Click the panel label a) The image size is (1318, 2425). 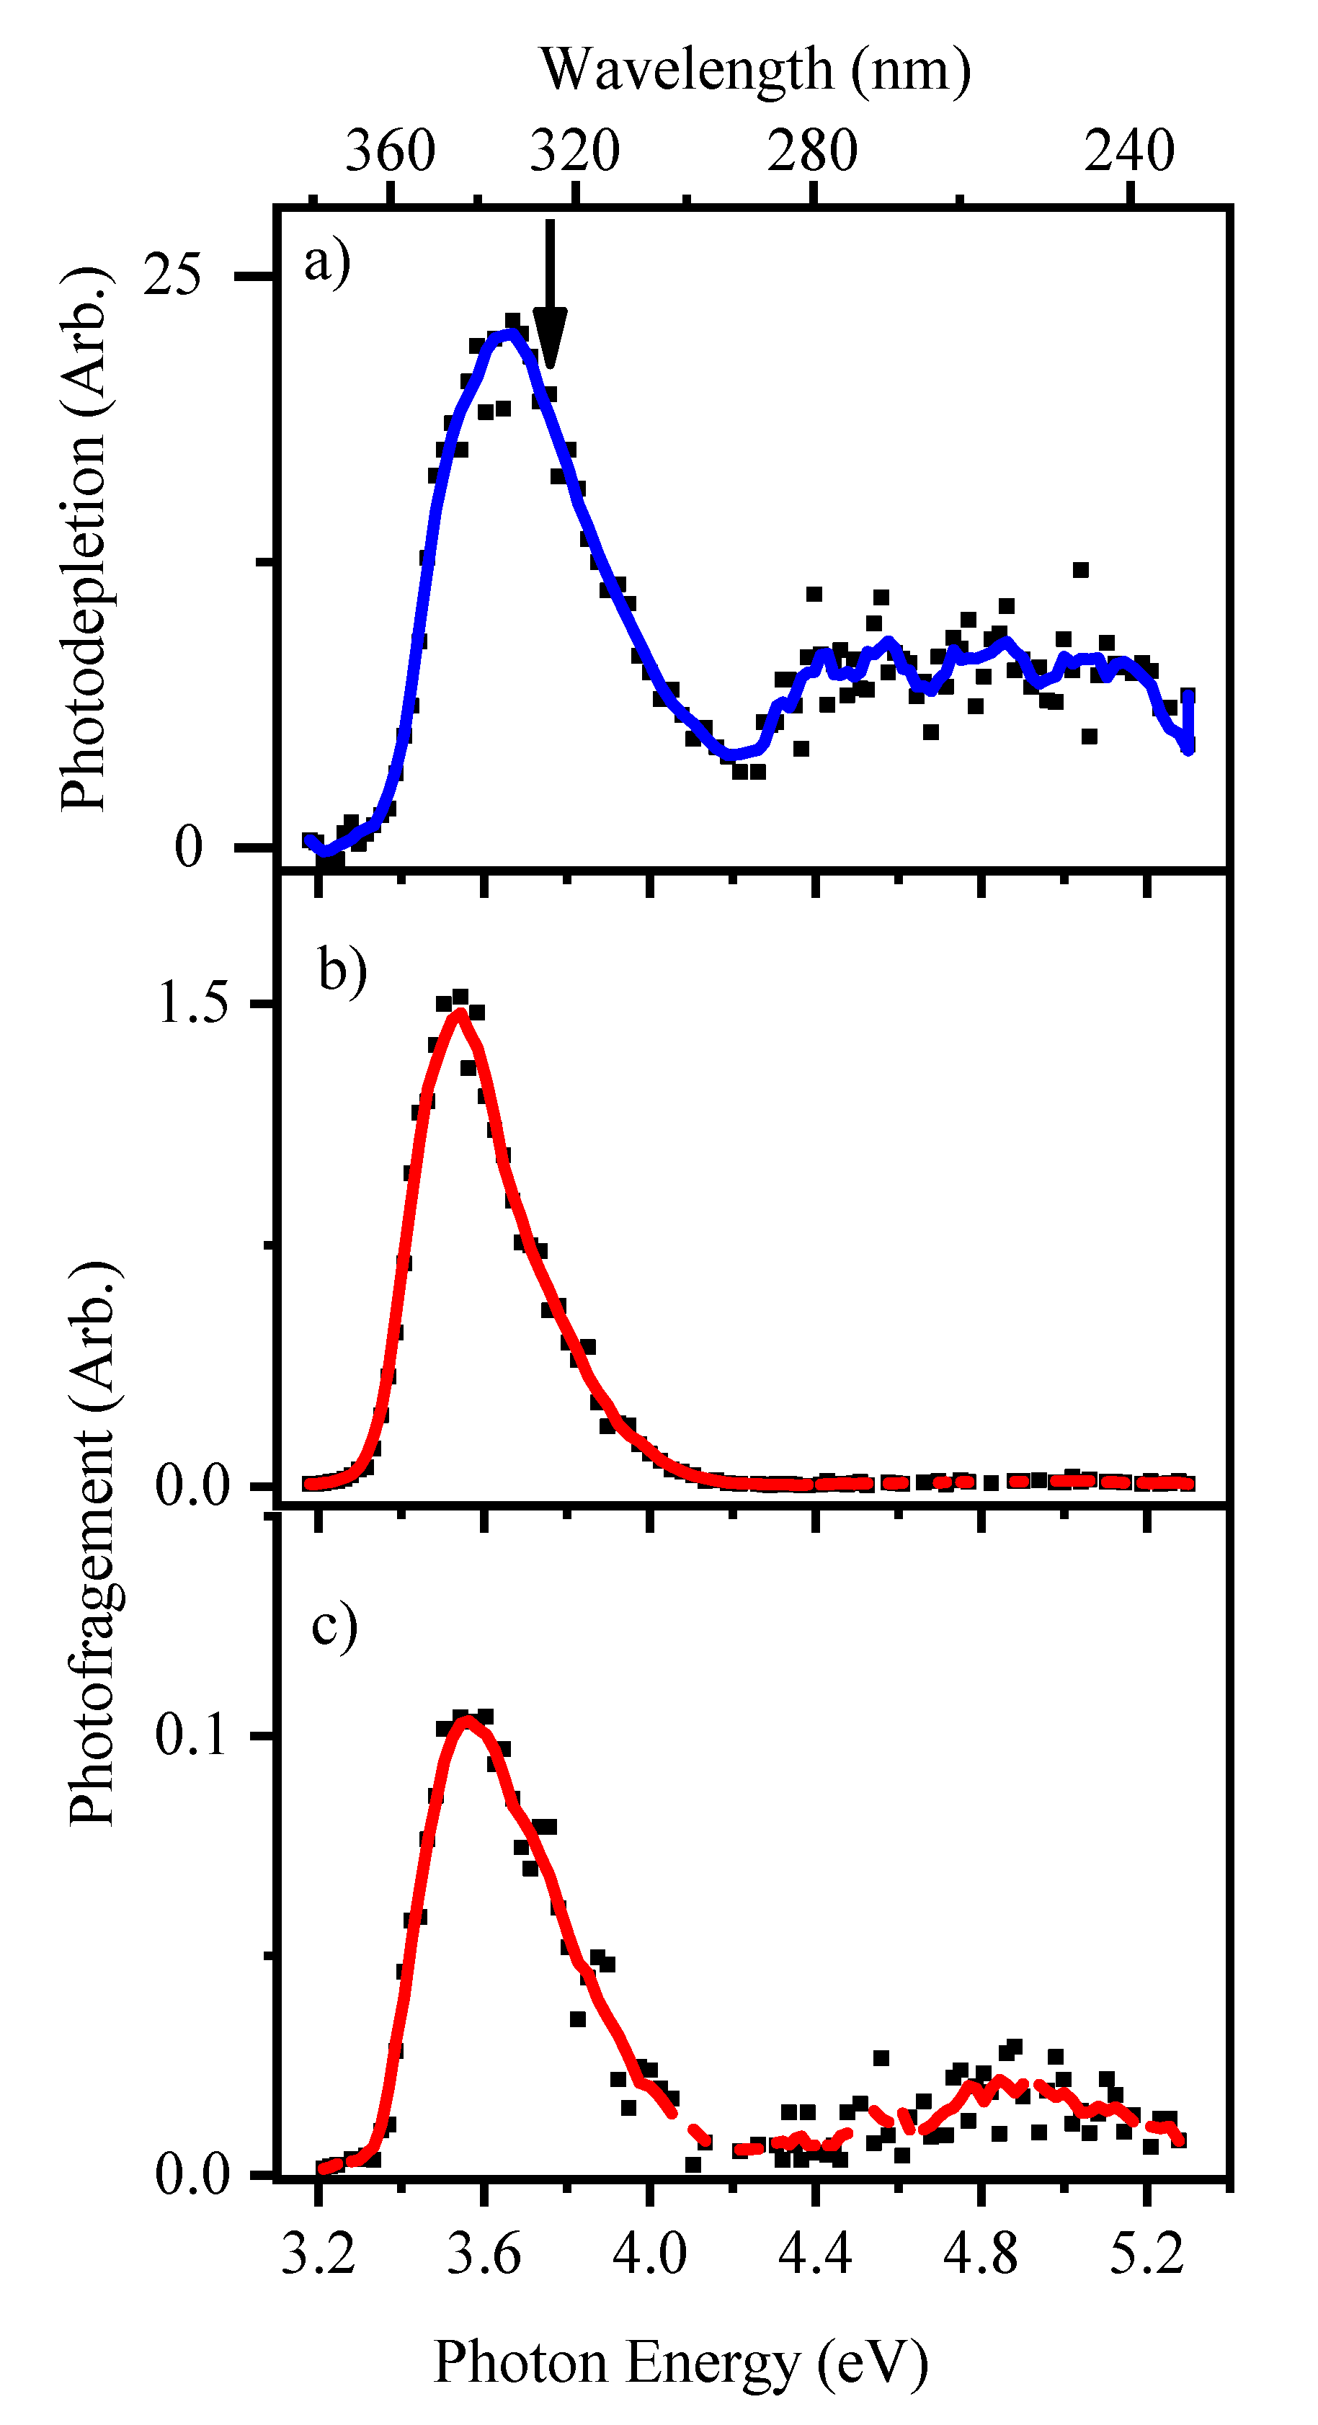point(326,262)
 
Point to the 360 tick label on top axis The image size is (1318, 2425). point(390,151)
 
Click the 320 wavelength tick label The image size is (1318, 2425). point(574,151)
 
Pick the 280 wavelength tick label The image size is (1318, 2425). point(811,151)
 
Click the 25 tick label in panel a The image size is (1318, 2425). point(172,276)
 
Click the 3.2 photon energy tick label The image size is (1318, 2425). point(319,2256)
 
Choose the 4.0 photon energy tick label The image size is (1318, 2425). point(649,2256)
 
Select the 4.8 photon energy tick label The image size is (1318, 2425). point(981,2256)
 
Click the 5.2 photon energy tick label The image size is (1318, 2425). point(1146,2256)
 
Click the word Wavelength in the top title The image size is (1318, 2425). point(687,70)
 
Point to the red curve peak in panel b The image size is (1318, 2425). point(458,1013)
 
